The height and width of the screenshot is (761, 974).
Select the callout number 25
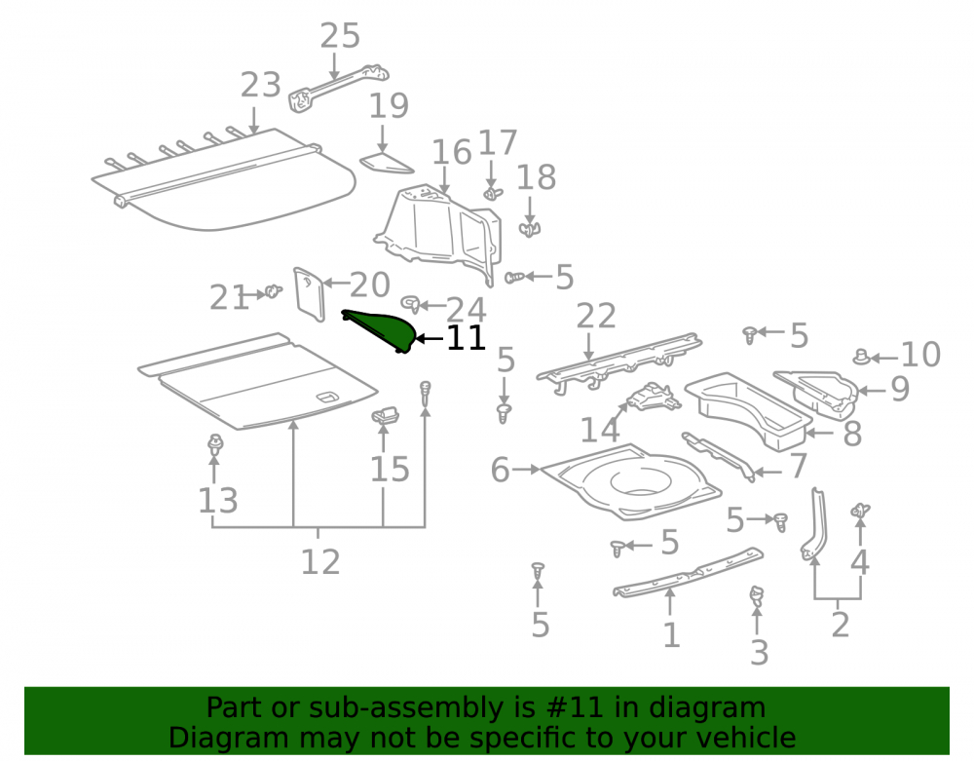coord(340,36)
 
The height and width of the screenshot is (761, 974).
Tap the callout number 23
coord(260,85)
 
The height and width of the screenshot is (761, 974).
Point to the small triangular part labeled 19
coord(387,163)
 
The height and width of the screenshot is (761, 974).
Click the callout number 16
coord(452,153)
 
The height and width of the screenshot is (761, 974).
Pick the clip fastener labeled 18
coord(529,229)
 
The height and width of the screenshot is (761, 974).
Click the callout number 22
coord(596,317)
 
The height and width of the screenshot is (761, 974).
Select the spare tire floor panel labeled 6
coord(630,481)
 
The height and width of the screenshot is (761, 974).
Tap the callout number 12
coord(319,561)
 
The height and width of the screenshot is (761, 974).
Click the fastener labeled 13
coord(215,444)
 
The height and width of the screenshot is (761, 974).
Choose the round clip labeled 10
coord(862,357)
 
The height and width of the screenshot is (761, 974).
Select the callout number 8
coord(852,433)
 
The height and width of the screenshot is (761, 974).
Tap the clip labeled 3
coord(757,596)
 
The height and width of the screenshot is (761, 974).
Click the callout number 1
coord(671,635)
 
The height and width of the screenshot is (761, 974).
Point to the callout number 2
coord(840,625)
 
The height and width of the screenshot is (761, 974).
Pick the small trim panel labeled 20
coord(310,294)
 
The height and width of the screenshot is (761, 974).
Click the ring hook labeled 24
coord(411,304)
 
